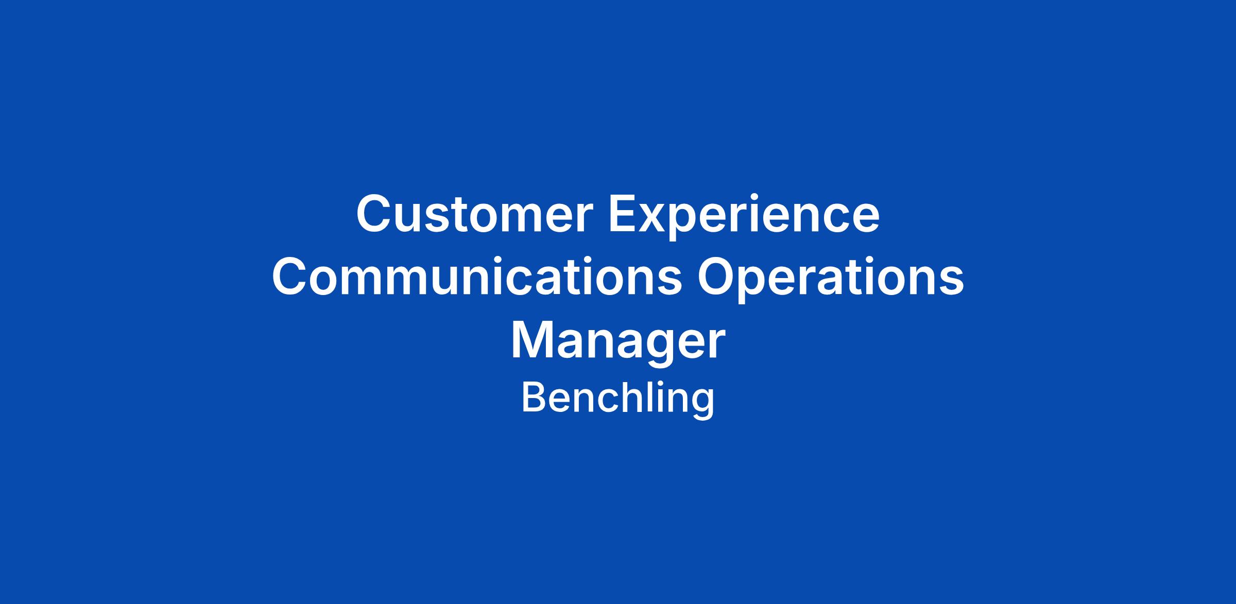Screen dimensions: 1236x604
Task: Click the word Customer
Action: pos(475,214)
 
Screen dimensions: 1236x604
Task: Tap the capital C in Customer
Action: pos(374,214)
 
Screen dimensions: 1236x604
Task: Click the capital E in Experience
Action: pos(624,214)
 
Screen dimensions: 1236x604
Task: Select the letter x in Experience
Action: pos(658,219)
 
